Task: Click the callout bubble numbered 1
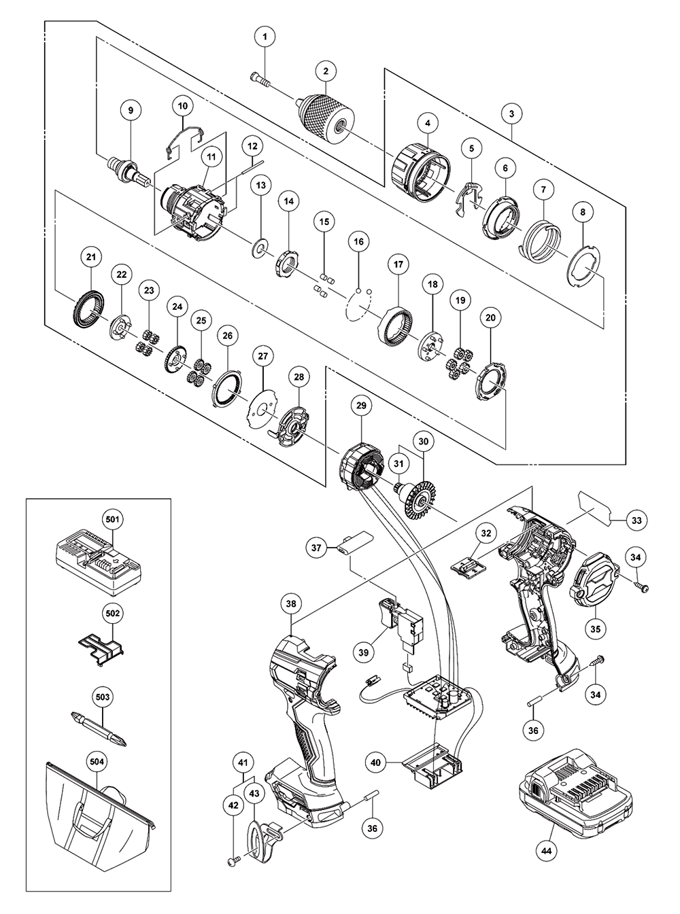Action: point(266,34)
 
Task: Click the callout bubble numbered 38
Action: point(292,602)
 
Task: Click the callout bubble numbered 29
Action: point(360,405)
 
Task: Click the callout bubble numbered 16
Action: point(358,242)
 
